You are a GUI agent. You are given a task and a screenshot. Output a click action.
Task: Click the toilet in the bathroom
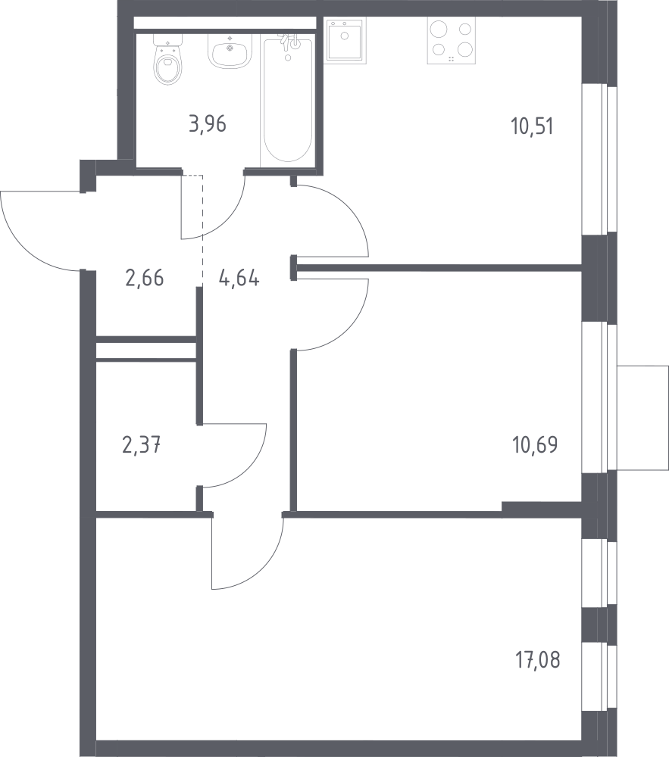168,60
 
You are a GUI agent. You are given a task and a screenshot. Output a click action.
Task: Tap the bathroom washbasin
230,51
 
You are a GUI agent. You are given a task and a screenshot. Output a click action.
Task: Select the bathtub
287,99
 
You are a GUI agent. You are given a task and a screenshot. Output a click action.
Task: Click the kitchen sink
345,40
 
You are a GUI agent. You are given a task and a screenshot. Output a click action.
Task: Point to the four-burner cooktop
451,41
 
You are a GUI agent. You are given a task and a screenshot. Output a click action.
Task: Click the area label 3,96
208,124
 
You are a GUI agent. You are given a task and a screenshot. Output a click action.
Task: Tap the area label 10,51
532,126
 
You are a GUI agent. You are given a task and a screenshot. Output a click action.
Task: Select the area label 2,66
145,278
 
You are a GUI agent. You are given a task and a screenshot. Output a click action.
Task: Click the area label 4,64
239,278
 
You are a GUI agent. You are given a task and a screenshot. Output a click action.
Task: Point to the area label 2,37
142,444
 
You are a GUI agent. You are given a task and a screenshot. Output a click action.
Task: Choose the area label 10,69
535,444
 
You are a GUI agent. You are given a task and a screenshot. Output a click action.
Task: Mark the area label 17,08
538,660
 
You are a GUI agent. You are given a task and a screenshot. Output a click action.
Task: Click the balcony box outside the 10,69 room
643,418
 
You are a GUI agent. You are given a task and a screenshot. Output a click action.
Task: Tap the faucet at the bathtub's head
291,43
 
